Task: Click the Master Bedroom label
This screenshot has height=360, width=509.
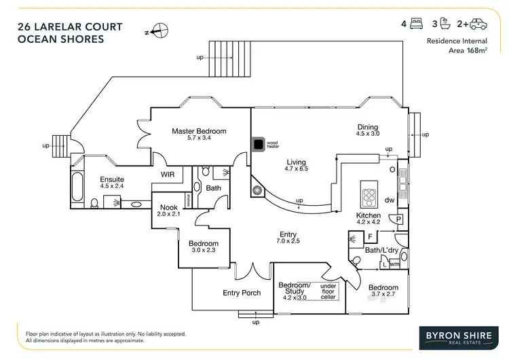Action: (198, 131)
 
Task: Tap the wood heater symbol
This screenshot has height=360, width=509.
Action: (258, 144)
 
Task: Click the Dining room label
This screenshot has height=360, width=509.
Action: (368, 126)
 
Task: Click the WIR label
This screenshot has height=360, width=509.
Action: (168, 174)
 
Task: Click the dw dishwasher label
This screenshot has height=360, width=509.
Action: (389, 200)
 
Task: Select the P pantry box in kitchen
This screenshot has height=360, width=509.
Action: (398, 219)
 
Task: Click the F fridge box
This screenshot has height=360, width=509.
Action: (371, 236)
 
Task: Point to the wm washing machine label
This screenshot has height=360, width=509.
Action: (394, 264)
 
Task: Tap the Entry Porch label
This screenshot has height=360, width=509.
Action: (242, 293)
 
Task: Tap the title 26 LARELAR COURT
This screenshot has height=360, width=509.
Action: (70, 27)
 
